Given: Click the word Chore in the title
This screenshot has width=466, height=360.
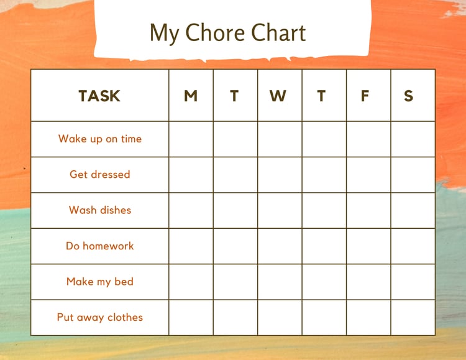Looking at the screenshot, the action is coord(216,32).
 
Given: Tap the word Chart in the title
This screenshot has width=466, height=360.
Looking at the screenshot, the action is coord(278,32).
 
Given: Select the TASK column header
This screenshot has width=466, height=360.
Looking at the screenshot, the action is coord(99,96).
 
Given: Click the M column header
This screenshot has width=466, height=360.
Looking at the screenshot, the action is coord(191,96).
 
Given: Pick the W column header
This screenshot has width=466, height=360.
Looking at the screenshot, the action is coord(278,96).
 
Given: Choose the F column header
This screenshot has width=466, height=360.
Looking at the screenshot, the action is coord(365,96).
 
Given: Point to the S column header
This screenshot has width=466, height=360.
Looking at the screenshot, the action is coord(409,96).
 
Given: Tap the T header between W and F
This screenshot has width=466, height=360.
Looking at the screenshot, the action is coord(321,96).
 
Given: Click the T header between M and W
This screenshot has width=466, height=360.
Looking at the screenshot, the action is coord(234,96).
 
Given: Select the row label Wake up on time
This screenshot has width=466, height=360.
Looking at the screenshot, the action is coord(100,139).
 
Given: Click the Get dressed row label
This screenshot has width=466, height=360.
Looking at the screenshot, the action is coord(100,174).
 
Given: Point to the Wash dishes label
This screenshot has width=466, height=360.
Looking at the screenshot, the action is coord(100,210).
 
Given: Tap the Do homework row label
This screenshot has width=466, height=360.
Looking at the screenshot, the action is coord(100,246).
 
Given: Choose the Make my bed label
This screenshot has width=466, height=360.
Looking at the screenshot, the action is coord(100,282).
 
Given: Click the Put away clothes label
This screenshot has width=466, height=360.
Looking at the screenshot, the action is coord(100,318).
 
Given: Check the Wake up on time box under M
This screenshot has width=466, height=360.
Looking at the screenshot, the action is coord(191,139).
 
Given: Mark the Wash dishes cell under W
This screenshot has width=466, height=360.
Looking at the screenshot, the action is coord(280,210).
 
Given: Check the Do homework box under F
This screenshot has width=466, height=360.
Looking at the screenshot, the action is coord(368,246).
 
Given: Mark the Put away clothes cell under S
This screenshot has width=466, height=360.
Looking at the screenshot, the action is coord(413,318).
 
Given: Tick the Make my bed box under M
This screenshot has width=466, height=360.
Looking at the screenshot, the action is coord(191,282).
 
